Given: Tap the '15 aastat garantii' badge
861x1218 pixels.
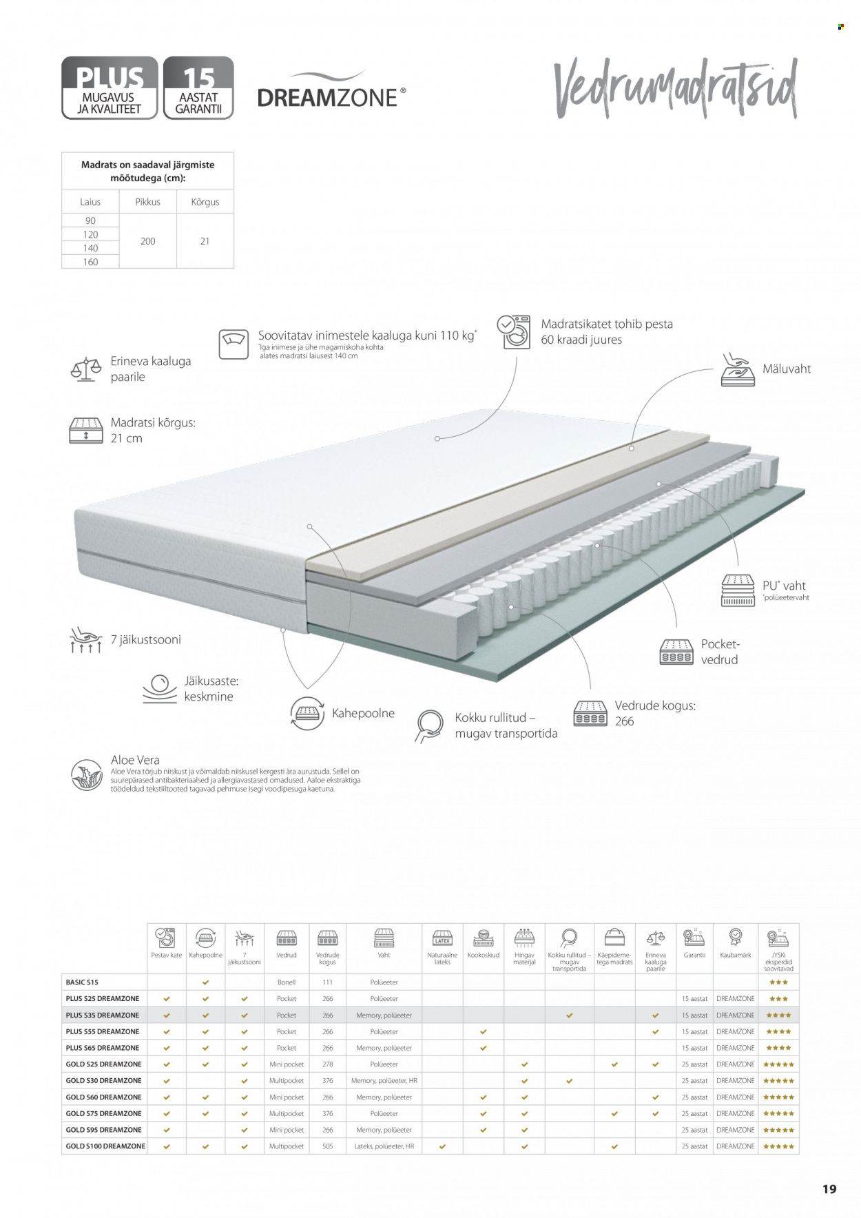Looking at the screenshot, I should (x=198, y=87).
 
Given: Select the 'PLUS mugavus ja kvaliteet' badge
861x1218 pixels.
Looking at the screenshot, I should (x=110, y=87).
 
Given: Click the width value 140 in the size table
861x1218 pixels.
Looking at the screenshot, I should (x=90, y=248).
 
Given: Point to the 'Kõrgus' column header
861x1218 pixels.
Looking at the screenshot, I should (x=205, y=202).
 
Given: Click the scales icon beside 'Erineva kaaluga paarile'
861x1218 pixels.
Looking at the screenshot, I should (x=86, y=369).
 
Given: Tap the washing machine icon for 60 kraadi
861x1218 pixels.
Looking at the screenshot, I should (x=514, y=332).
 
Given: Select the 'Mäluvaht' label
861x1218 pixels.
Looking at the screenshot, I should (x=786, y=369).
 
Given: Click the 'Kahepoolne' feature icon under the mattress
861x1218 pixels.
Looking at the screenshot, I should (x=307, y=713).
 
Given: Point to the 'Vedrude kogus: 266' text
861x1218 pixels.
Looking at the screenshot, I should (x=654, y=713).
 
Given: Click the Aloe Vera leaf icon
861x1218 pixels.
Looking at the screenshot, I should (x=87, y=775).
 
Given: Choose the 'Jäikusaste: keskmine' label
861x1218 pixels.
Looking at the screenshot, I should (x=211, y=689).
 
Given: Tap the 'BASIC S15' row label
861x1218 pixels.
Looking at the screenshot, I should (x=82, y=982).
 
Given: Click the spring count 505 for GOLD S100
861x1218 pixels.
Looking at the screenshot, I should (x=327, y=1146).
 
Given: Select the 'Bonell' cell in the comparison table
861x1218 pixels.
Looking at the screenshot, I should (x=286, y=982).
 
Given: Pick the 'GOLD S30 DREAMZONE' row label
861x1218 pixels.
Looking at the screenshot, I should (x=103, y=1081).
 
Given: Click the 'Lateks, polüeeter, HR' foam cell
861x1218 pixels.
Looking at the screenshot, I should (x=384, y=1146).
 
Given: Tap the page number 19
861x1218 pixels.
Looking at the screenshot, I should (x=829, y=1189).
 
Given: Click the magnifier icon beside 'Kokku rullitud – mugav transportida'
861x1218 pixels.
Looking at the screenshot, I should (x=430, y=725).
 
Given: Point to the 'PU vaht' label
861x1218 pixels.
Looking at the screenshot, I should (x=784, y=586).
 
